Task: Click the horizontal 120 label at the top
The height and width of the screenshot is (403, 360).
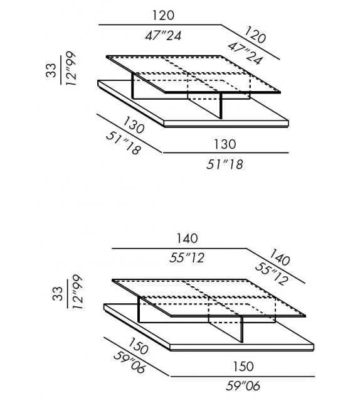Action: click(163, 15)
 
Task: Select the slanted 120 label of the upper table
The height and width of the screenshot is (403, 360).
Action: click(255, 35)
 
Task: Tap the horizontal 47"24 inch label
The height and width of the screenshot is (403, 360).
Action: click(163, 36)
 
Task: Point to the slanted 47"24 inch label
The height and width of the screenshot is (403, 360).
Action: click(245, 53)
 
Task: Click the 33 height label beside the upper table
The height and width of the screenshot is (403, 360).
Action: click(51, 70)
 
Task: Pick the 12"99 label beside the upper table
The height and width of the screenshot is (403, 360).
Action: click(71, 69)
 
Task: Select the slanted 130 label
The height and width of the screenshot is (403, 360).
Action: click(134, 125)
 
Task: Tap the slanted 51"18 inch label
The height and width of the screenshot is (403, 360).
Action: click(124, 143)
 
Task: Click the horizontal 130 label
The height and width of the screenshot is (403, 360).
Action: click(225, 144)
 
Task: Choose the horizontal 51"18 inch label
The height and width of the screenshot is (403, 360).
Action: click(225, 164)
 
